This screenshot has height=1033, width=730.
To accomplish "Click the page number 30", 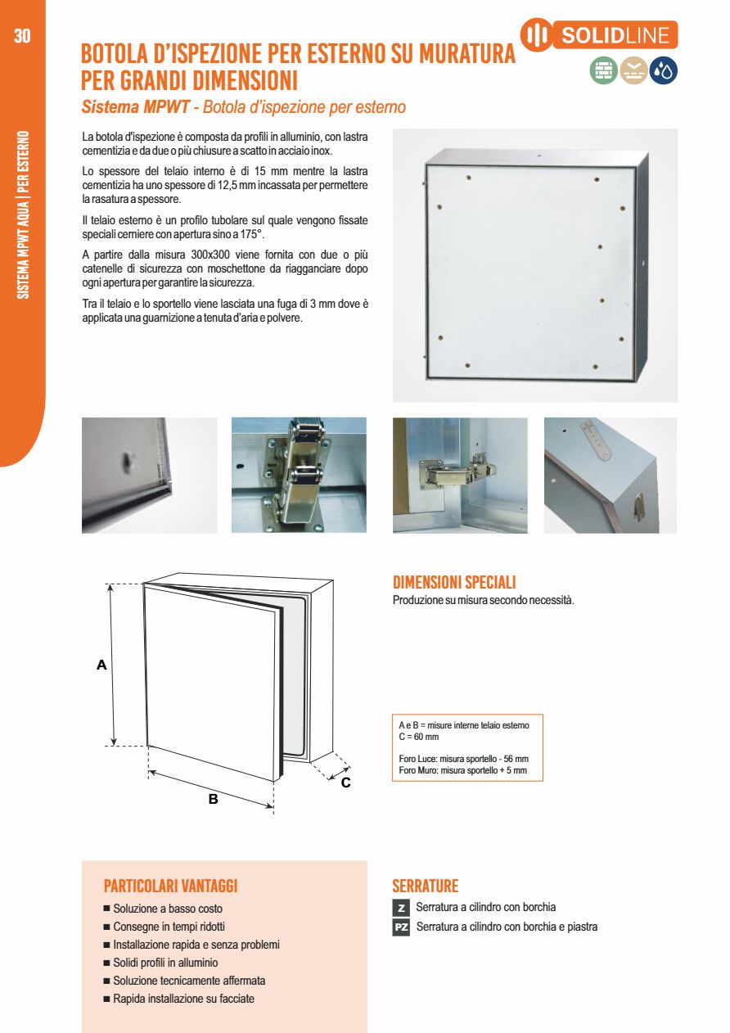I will pos(22,36).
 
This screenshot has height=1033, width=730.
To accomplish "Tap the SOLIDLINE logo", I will pos(599,35).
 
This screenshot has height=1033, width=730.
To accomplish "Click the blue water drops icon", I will pos(664,72).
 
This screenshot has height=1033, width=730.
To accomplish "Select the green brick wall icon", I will pos(604,72).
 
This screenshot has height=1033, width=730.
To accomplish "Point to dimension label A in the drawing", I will pos(101,665).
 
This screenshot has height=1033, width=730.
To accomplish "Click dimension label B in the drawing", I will pos(213,799).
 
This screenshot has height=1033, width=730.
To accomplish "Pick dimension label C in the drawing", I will pos(345,783).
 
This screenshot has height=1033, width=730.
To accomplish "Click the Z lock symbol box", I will pos(401,908).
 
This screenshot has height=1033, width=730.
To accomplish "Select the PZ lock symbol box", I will pos(401,927).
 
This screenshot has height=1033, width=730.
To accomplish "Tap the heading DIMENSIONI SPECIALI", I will pos(454,583).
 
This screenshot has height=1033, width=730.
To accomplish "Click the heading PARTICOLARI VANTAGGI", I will pos(170,886).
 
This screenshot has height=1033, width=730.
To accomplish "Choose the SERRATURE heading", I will pos(425,886).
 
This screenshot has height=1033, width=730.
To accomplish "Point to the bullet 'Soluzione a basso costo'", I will pos(168,909).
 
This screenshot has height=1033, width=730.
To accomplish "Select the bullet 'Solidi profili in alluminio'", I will pos(165,963).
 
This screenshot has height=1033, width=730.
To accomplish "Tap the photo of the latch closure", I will pos(298,475).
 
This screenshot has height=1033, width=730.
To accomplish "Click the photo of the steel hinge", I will pos(460,475).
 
